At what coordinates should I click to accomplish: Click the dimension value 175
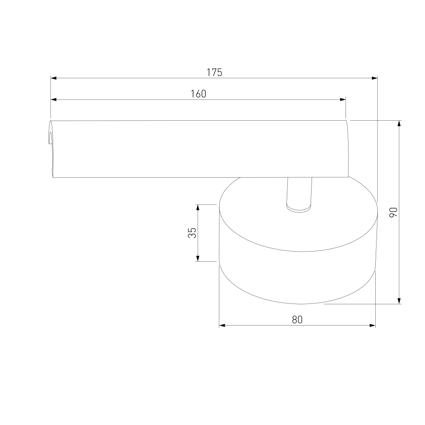click(x=214, y=72)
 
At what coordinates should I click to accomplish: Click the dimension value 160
click(x=198, y=94)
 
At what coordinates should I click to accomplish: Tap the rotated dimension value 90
click(x=393, y=212)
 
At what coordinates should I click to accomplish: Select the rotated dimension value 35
click(x=192, y=233)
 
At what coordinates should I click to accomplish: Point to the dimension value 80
click(x=297, y=320)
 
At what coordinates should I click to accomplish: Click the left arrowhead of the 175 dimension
click(x=54, y=78)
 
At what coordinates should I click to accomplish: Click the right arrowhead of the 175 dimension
click(x=374, y=78)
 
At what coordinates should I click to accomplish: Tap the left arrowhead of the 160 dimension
click(x=54, y=99)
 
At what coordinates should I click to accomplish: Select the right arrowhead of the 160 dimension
click(x=343, y=99)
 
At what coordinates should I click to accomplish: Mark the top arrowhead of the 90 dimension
click(x=399, y=123)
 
